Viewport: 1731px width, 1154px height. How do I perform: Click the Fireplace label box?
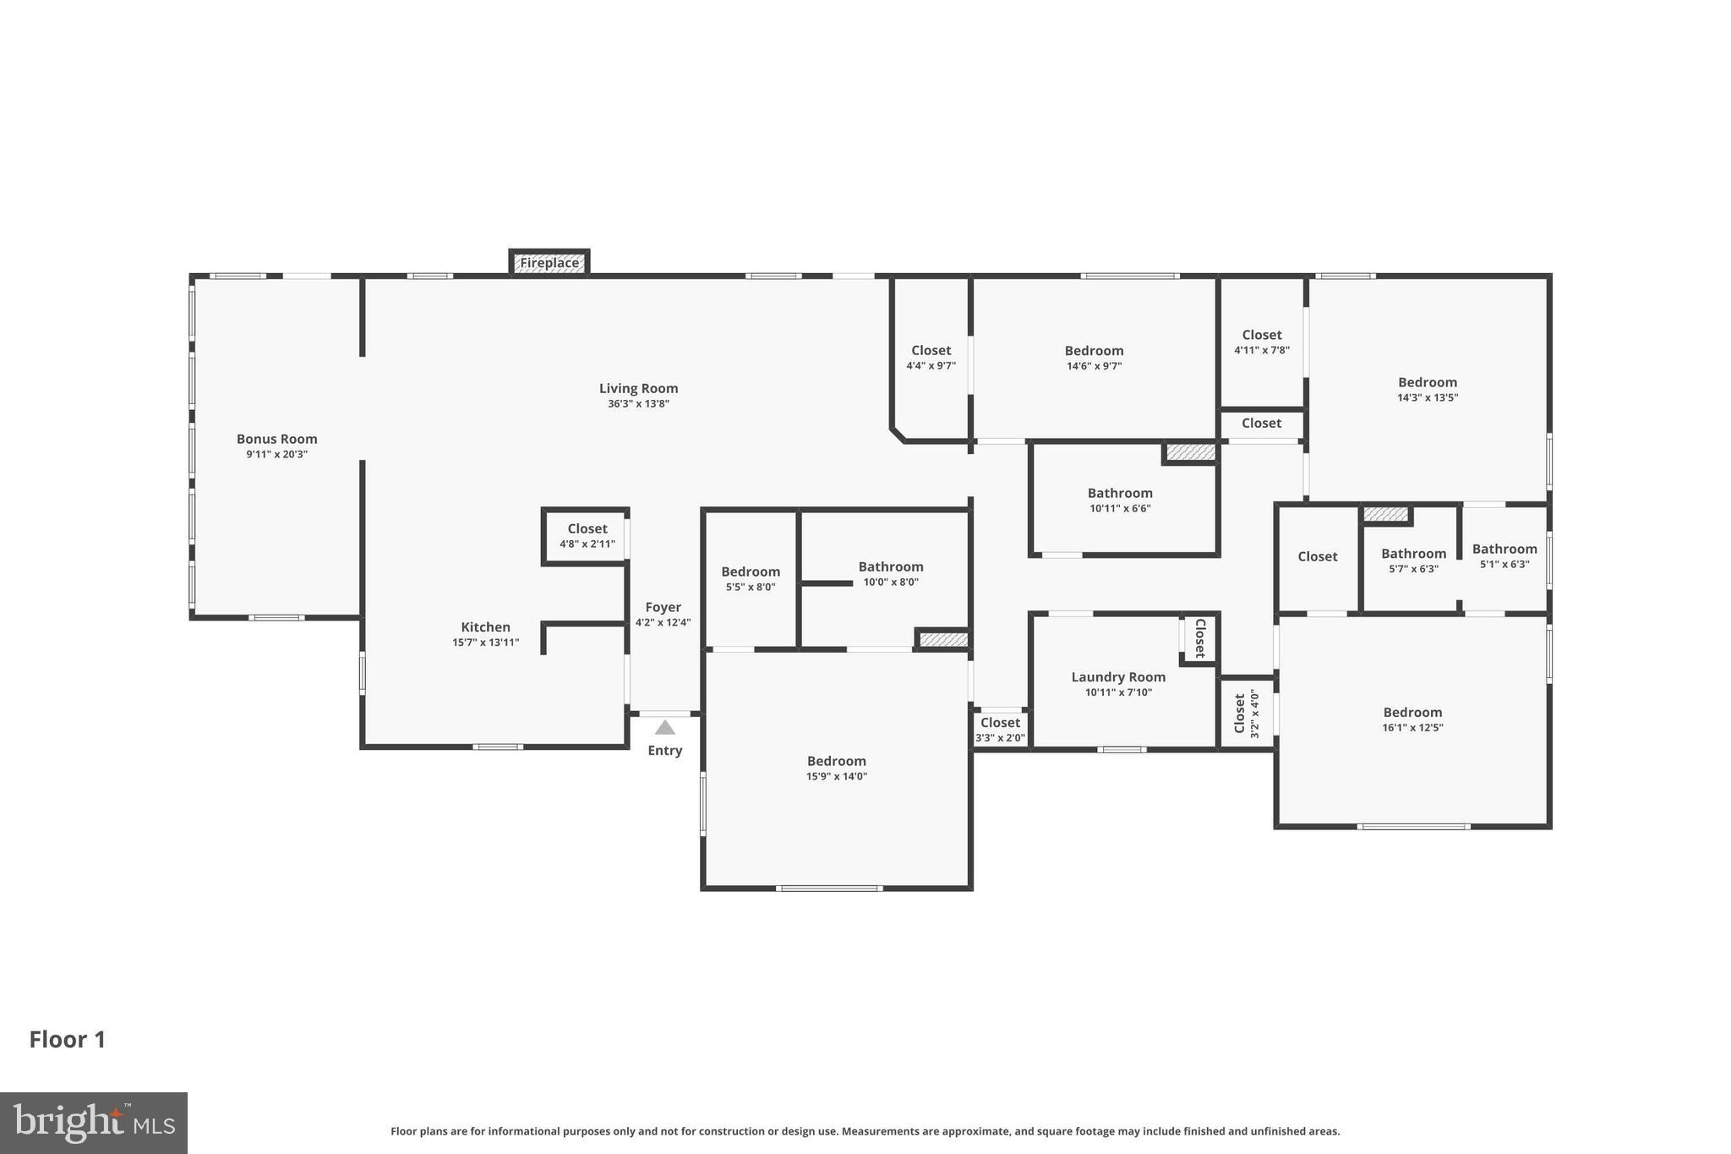point(549,263)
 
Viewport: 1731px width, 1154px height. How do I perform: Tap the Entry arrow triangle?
point(665,728)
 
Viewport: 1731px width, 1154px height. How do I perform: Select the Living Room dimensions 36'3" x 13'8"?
point(638,404)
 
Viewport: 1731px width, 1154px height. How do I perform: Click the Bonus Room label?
point(276,439)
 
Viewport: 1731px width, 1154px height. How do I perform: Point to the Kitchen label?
point(485,627)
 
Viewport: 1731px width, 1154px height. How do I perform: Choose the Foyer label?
point(663,607)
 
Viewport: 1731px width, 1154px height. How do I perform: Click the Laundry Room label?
point(1118,677)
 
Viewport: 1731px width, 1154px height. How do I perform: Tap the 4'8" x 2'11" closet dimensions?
point(587,544)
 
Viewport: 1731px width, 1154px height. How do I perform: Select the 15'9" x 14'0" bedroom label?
point(836,762)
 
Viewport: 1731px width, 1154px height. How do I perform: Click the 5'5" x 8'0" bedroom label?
point(751,572)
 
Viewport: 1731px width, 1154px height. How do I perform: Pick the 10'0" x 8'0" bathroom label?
point(891,567)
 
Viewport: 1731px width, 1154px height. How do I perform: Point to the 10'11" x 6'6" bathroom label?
point(1120,494)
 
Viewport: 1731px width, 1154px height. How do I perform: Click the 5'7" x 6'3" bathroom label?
point(1413,554)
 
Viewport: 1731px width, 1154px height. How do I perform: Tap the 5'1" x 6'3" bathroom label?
point(1504,550)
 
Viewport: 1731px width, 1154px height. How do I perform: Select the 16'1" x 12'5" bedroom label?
point(1412,713)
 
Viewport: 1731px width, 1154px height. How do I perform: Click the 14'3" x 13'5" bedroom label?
point(1428,383)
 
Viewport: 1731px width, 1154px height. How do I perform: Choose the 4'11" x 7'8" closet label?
point(1262,336)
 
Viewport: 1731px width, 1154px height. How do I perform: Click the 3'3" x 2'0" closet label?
point(1000,724)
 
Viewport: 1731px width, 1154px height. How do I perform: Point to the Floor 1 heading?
point(68,1040)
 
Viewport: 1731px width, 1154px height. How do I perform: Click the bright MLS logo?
point(94,1123)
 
